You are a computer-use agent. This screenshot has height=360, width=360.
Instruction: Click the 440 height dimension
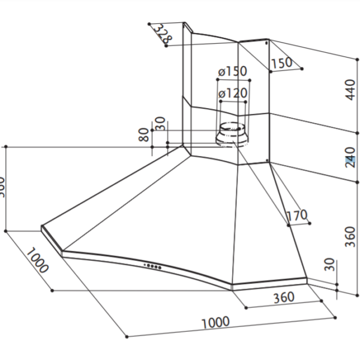[350, 91]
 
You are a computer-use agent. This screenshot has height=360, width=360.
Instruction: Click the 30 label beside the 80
[160, 124]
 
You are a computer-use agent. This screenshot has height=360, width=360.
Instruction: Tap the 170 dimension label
[296, 215]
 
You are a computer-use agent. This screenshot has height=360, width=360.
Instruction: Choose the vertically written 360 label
[350, 237]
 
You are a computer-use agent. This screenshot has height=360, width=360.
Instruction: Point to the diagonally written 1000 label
[37, 259]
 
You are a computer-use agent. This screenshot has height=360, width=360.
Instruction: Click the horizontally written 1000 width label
[215, 322]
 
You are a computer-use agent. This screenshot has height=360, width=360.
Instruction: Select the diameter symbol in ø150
[221, 71]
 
